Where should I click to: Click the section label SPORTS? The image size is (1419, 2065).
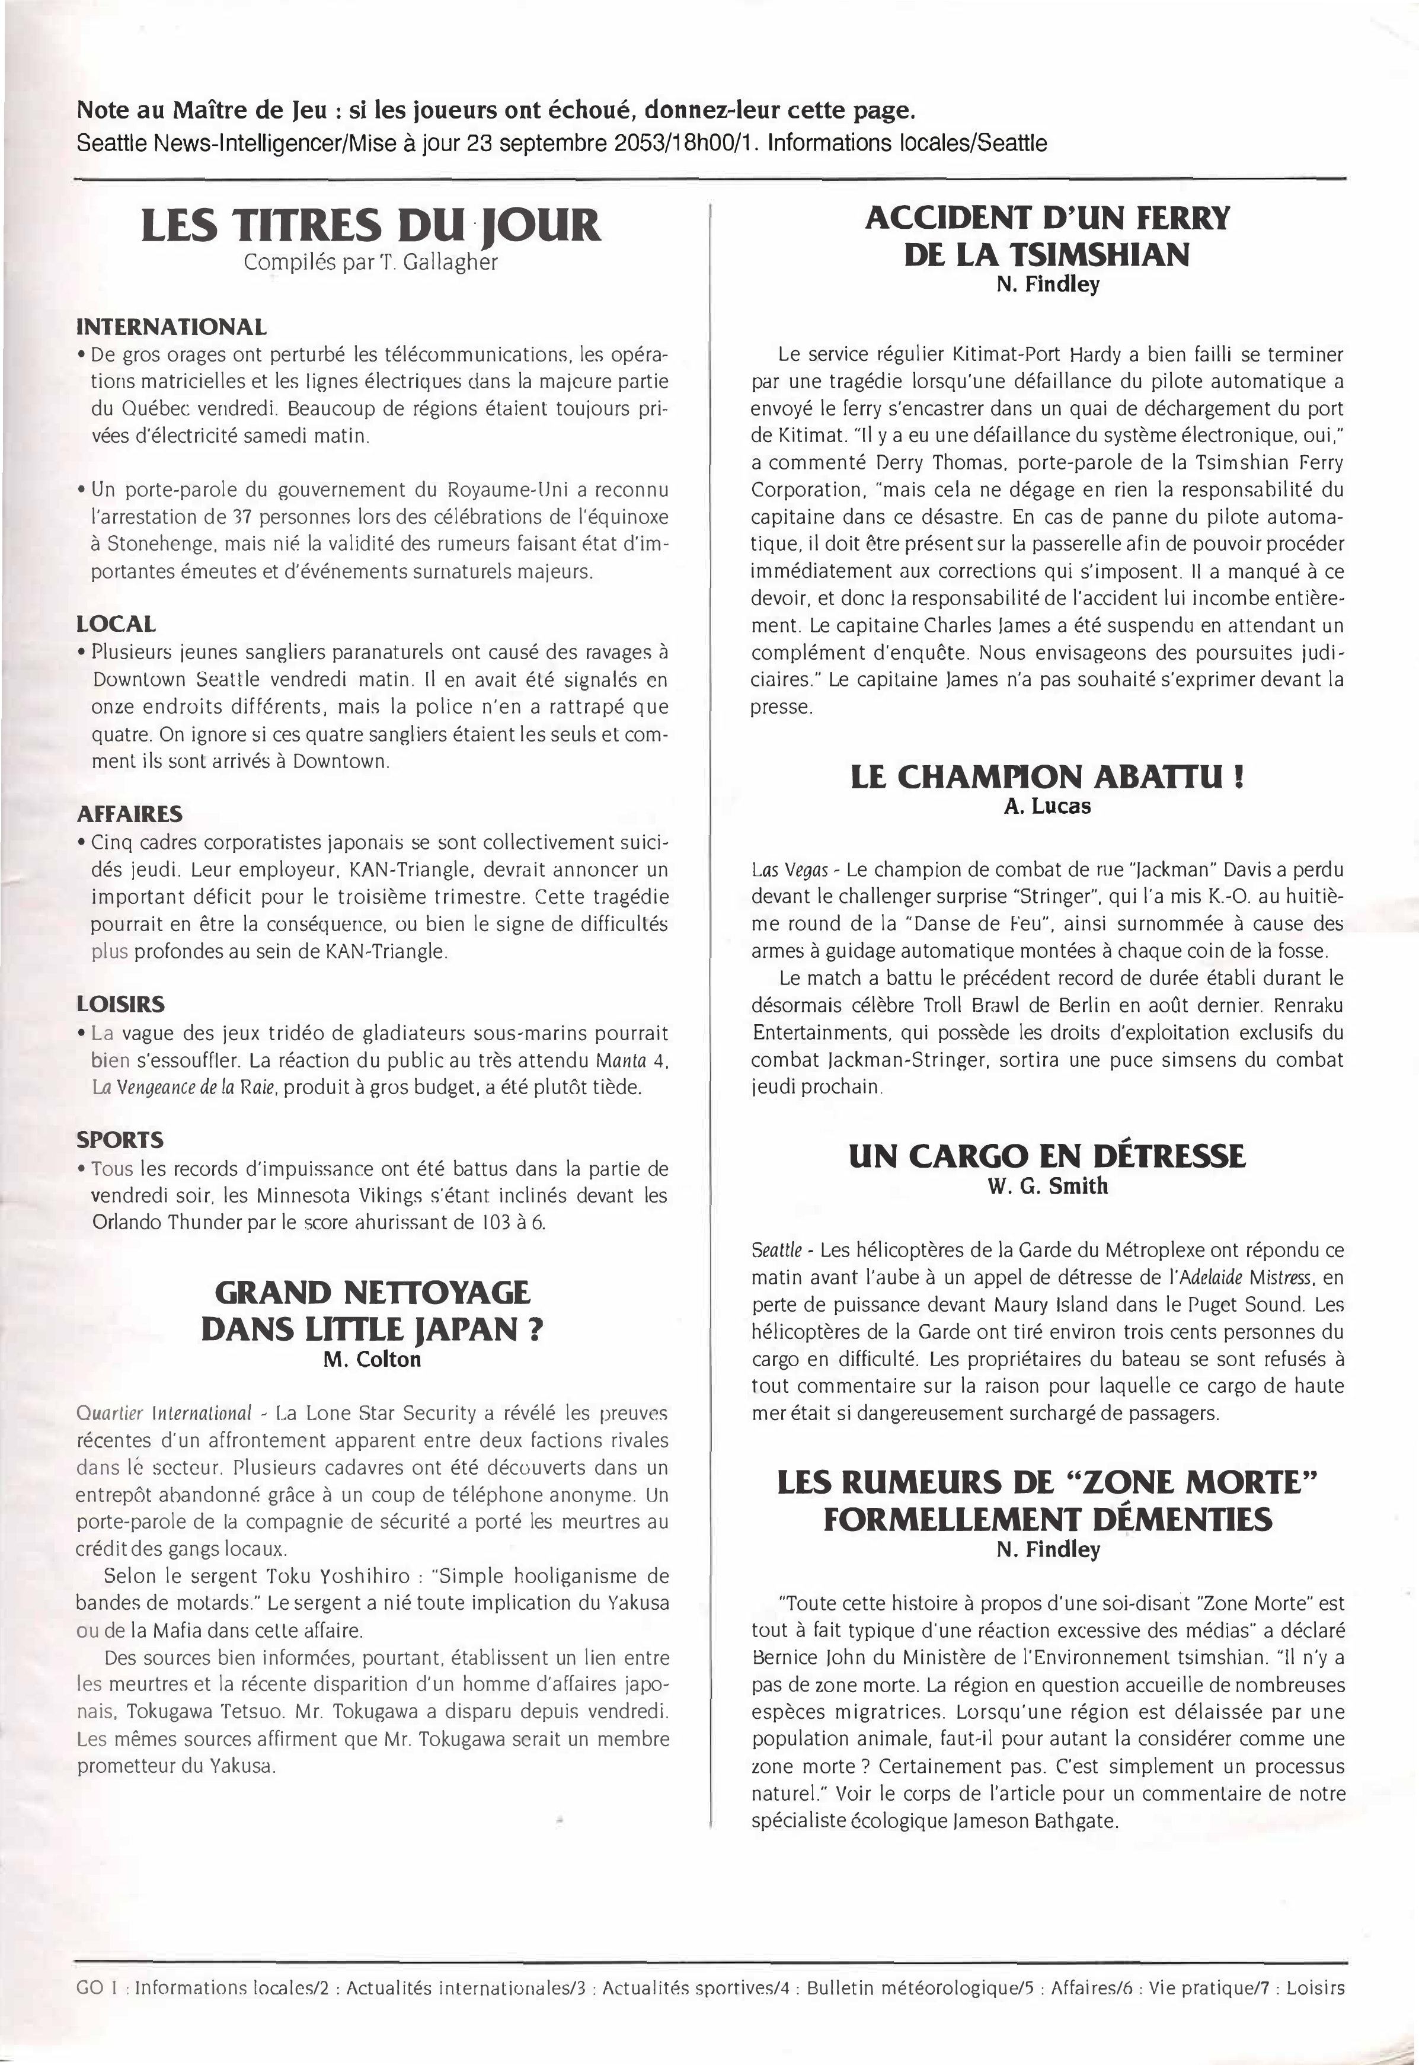coord(120,1140)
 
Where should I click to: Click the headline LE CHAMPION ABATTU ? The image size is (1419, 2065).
coord(1047,776)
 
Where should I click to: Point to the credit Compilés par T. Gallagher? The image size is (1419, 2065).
coord(371,263)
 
